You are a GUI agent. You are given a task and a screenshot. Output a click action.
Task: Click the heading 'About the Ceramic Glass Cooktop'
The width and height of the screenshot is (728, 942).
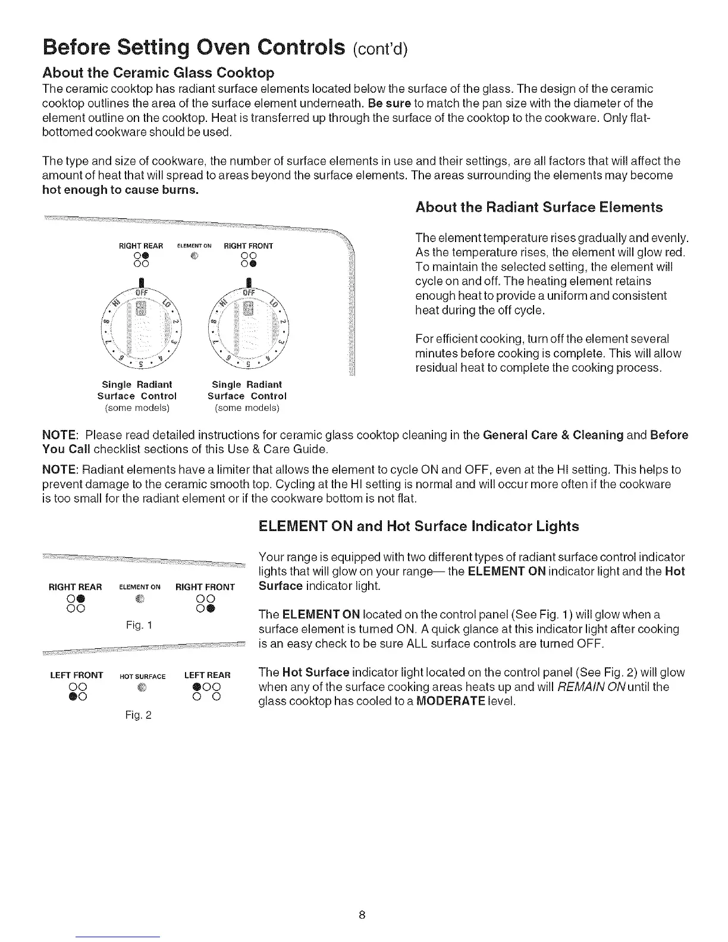point(158,73)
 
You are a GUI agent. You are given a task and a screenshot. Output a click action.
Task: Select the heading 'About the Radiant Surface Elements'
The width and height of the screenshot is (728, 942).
point(539,208)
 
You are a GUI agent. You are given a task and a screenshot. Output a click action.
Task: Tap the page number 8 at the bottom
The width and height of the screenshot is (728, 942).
point(362,914)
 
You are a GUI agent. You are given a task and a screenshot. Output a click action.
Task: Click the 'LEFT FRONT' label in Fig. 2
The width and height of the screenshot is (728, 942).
point(77,676)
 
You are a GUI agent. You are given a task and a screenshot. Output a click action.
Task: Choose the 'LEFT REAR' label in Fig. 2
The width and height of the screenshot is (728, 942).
point(208,676)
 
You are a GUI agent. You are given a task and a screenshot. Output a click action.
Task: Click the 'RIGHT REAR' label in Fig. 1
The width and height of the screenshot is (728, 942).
point(76,588)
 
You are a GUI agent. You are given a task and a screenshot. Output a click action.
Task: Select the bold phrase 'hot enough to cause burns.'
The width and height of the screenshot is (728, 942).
point(121,190)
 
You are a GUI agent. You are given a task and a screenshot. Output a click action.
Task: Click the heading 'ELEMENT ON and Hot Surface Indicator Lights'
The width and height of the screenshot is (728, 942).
point(419,526)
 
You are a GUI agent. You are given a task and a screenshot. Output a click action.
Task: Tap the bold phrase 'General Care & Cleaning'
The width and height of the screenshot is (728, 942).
point(553,435)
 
